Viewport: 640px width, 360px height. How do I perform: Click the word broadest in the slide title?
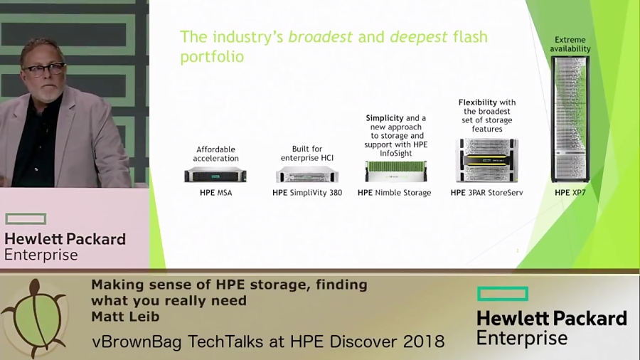319,37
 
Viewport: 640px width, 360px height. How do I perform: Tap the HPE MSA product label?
215,193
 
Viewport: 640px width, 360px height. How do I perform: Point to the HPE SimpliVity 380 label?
307,193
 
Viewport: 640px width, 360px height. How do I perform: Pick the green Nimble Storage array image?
395,171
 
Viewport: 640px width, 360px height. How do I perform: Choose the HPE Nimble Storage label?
394,193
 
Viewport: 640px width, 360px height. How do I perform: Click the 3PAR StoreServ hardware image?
487,161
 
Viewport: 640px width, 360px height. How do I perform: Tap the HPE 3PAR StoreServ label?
486,193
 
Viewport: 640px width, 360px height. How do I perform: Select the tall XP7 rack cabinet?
570,119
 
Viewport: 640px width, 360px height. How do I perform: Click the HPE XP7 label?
570,193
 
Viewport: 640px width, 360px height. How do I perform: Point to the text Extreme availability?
570,45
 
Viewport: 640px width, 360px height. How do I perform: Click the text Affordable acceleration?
215,154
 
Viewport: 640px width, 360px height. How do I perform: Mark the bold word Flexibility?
478,102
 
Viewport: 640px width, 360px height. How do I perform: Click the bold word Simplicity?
385,118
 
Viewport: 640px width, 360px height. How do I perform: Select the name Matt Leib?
125,317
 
